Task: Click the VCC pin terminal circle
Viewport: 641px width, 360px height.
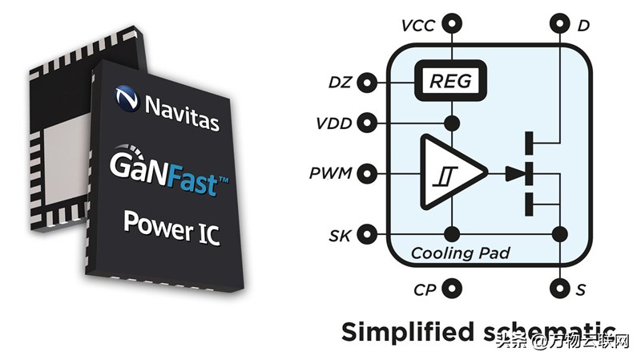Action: click(x=453, y=24)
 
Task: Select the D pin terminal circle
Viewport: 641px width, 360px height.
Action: click(x=559, y=24)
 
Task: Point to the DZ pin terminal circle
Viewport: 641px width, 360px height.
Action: click(x=368, y=82)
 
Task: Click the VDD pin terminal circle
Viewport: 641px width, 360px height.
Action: click(x=368, y=123)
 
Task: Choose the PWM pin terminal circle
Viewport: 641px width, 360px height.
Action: click(x=368, y=172)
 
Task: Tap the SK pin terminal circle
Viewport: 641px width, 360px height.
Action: click(x=368, y=234)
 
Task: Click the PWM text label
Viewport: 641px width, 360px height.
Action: click(x=330, y=172)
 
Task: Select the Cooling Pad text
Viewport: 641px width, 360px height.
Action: click(x=460, y=254)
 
